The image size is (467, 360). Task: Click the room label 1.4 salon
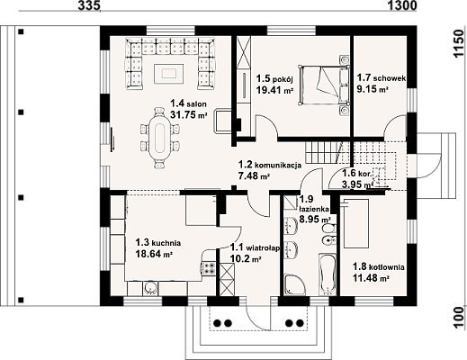[x=188, y=103]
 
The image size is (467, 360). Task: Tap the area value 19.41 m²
[x=274, y=90]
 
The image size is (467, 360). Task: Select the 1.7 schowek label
[x=382, y=78]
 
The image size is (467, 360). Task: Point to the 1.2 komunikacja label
[x=270, y=165]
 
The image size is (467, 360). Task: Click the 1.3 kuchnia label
[x=158, y=242]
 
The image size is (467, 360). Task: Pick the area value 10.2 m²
[x=245, y=258]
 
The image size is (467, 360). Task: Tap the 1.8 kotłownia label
[x=379, y=266]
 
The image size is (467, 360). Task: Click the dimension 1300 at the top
[x=402, y=5]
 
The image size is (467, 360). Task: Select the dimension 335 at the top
[x=89, y=5]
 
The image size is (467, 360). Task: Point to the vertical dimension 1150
[x=459, y=43]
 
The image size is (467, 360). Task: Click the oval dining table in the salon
[x=160, y=139]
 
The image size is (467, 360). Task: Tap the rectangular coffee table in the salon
[x=168, y=73]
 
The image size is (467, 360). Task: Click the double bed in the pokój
[x=324, y=85]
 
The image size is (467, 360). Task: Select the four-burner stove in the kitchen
[x=209, y=268]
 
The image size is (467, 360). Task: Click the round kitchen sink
[x=150, y=288]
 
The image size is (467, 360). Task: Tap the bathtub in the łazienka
[x=328, y=274]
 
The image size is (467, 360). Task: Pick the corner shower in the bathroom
[x=294, y=283]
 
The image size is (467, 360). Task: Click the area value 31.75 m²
[x=189, y=114]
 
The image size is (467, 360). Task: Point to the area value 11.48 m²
[x=371, y=278]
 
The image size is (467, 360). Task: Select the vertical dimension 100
[x=459, y=318]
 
